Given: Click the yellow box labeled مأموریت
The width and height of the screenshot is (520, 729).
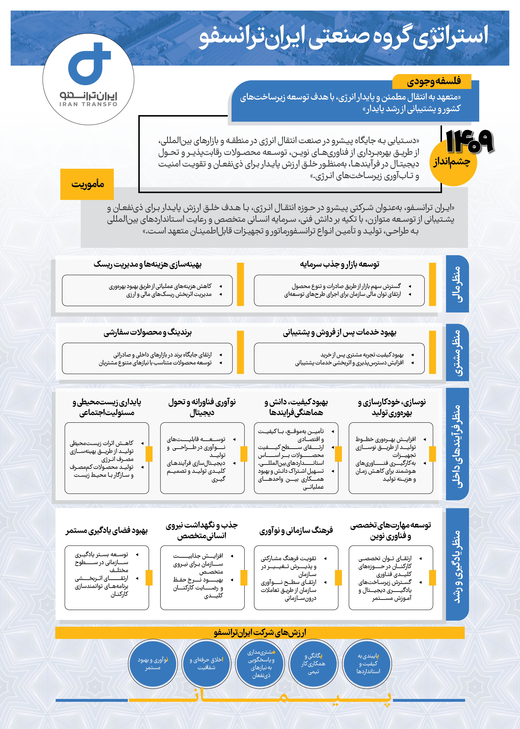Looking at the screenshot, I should coord(87,184).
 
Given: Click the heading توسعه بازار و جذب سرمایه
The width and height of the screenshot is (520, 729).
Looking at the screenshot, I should coord(339,265).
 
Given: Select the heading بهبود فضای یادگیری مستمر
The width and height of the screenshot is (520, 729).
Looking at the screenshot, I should coord(107,531).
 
